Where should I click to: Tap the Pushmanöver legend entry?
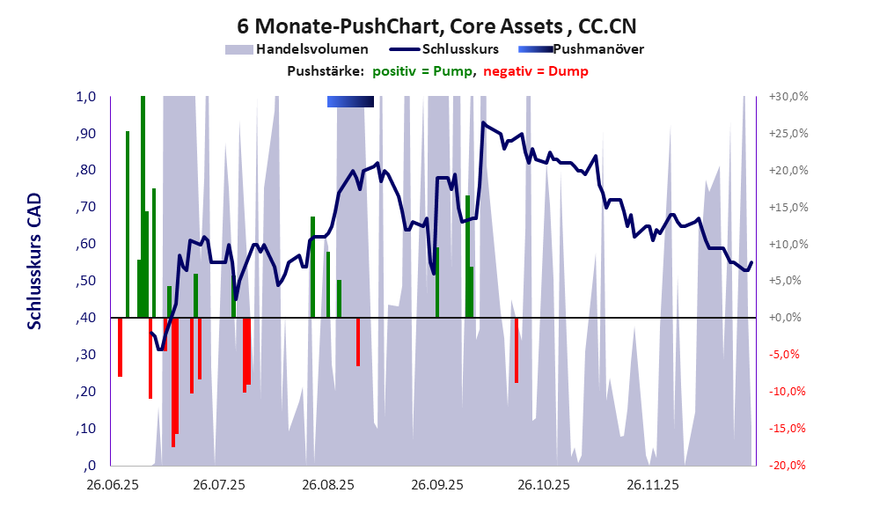597,49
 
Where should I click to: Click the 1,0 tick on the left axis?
86,97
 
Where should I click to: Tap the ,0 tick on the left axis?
89,466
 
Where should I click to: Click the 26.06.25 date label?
111,485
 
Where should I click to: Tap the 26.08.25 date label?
327,485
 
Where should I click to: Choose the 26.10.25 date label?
544,485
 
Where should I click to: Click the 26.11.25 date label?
652,485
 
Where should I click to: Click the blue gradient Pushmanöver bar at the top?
350,102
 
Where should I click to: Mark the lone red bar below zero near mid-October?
517,350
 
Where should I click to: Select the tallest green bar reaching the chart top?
143,207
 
